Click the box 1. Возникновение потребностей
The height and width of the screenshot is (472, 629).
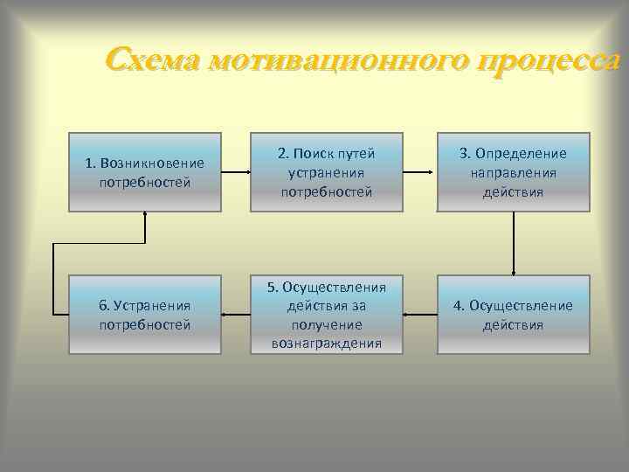coord(145,172)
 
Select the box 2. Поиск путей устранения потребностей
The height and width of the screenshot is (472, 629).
coord(327,172)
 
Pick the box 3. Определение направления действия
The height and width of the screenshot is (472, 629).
coord(514,172)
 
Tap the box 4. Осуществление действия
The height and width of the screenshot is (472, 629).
coord(514,315)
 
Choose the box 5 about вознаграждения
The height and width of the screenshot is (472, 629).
coord(327,315)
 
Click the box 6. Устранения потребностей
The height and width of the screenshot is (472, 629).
coord(145,315)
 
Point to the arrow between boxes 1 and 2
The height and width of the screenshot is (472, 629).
coord(236,172)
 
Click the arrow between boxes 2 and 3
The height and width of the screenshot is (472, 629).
coord(420,172)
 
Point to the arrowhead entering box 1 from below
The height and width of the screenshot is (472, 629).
coord(145,216)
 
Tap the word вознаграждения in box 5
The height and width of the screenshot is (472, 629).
coord(327,343)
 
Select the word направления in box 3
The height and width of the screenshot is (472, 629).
coord(514,172)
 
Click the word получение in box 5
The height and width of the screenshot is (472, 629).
coord(327,324)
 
